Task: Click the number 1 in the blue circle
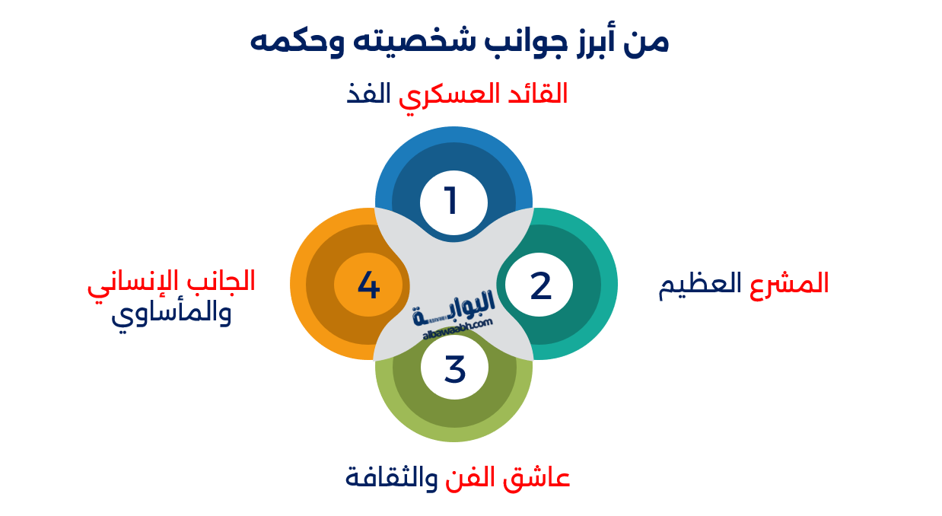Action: (x=452, y=202)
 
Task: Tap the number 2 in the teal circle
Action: (x=540, y=285)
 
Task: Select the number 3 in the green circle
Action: (x=454, y=369)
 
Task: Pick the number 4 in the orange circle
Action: (x=368, y=285)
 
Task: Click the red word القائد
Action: (x=535, y=94)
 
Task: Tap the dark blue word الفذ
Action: (x=368, y=94)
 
